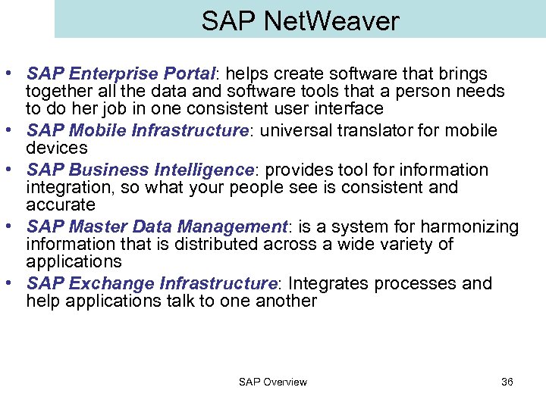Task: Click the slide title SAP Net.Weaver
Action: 300,21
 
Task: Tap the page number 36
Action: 507,382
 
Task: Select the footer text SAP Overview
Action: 273,382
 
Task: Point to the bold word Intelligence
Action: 199,170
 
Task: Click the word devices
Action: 56,148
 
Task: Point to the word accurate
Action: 61,204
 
